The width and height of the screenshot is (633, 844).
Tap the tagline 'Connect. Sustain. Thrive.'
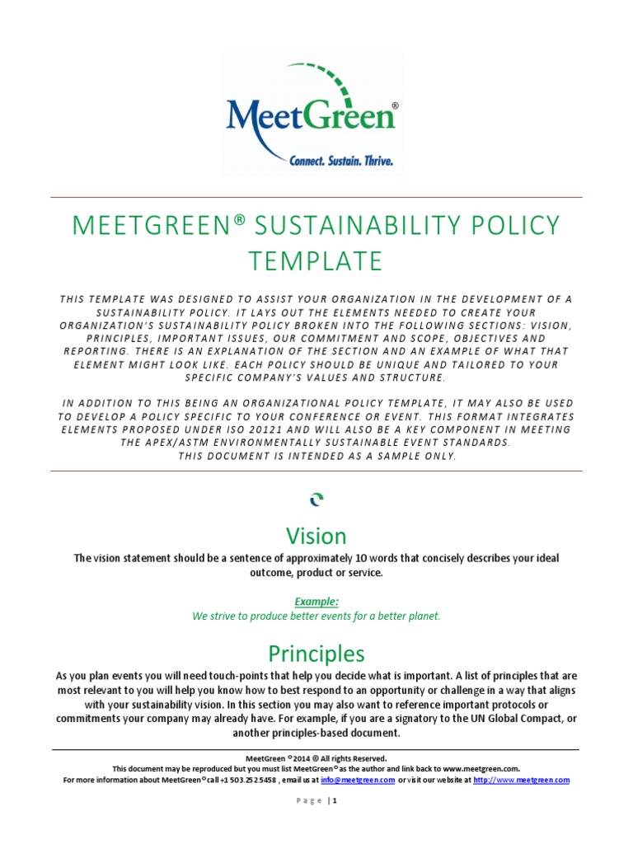(340, 161)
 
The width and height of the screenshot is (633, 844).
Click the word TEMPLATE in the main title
(316, 260)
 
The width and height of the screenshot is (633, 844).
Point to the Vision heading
(316, 537)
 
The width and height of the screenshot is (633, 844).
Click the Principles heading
(316, 654)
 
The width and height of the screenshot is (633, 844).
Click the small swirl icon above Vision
(316, 499)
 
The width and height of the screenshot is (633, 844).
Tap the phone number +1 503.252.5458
(246, 780)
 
